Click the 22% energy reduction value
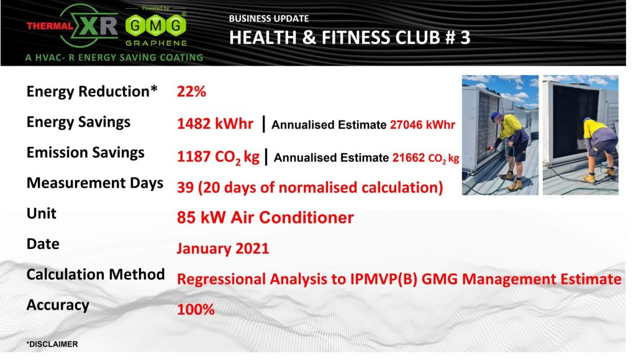(191, 92)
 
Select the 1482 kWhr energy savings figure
(215, 124)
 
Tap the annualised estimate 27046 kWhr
(422, 125)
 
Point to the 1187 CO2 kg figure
(218, 157)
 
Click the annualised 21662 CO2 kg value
(425, 158)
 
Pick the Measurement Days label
(95, 183)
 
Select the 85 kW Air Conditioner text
(265, 218)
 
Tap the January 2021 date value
(223, 248)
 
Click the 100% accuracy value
(196, 310)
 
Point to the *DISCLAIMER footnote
(52, 344)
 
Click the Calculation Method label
(95, 274)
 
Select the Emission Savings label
(85, 153)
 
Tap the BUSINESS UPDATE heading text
(268, 19)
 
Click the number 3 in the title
(465, 38)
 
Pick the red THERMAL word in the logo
(50, 26)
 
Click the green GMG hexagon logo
(156, 25)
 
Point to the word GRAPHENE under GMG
(156, 43)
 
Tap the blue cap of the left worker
(496, 116)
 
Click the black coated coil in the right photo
(575, 122)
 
